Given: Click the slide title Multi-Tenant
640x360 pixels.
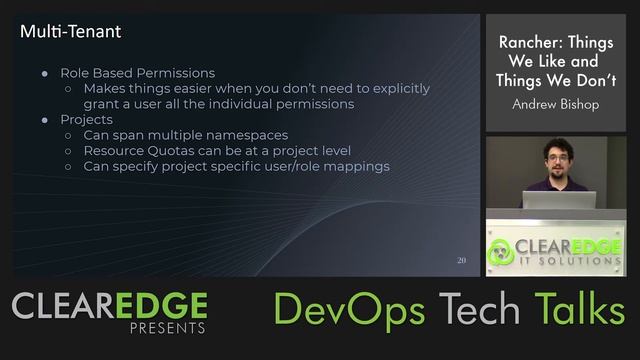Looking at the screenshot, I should (x=71, y=32).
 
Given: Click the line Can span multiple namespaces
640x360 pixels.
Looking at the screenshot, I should (x=185, y=135).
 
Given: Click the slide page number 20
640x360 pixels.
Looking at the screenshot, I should (x=461, y=260).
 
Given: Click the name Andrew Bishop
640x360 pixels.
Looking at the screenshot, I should (x=555, y=104).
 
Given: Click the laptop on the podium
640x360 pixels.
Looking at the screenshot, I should (x=558, y=200).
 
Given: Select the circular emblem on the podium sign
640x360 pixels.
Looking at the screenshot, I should (x=502, y=250).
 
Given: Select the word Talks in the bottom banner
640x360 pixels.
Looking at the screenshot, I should (x=579, y=310).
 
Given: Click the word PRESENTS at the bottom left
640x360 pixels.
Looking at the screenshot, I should (x=168, y=328).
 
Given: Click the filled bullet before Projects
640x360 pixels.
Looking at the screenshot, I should (x=46, y=120).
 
